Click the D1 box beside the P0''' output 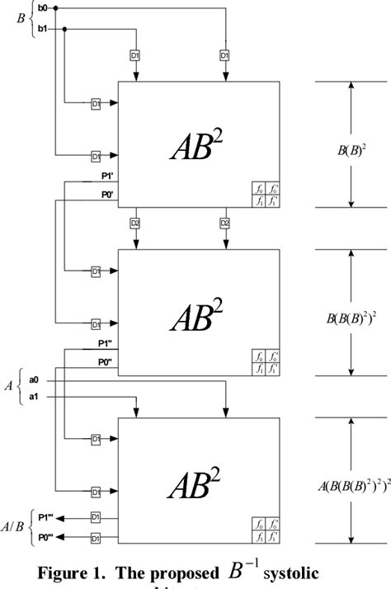(x=96, y=538)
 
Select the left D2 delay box (x=134, y=223)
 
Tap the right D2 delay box (x=224, y=223)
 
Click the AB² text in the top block (x=199, y=146)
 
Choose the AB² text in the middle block (x=199, y=314)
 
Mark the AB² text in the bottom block (x=199, y=482)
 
